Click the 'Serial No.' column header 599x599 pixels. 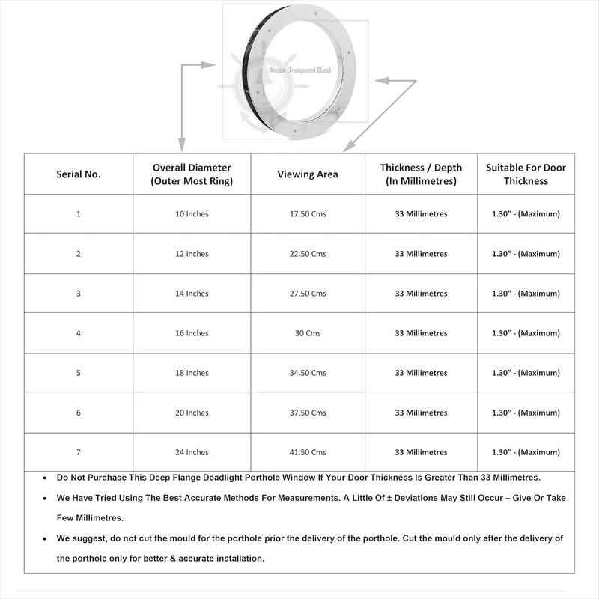click(79, 174)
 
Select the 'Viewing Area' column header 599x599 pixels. click(308, 174)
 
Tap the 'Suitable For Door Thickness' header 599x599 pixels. click(526, 174)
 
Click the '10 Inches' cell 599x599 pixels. click(192, 214)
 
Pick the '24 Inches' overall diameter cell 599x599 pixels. click(192, 452)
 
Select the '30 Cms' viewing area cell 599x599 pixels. click(308, 333)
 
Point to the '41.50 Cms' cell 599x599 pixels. click(308, 452)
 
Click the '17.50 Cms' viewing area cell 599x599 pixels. click(308, 214)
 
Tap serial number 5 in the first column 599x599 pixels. click(79, 373)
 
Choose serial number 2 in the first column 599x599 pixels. click(79, 254)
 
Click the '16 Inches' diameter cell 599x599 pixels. click(192, 333)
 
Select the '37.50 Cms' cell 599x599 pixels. click(308, 413)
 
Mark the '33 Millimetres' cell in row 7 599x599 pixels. click(421, 452)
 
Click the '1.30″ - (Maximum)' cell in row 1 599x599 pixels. click(526, 214)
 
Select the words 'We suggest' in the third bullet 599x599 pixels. click(79, 538)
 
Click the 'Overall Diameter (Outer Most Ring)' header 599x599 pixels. click(192, 174)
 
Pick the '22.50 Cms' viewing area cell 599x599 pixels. click(308, 254)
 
